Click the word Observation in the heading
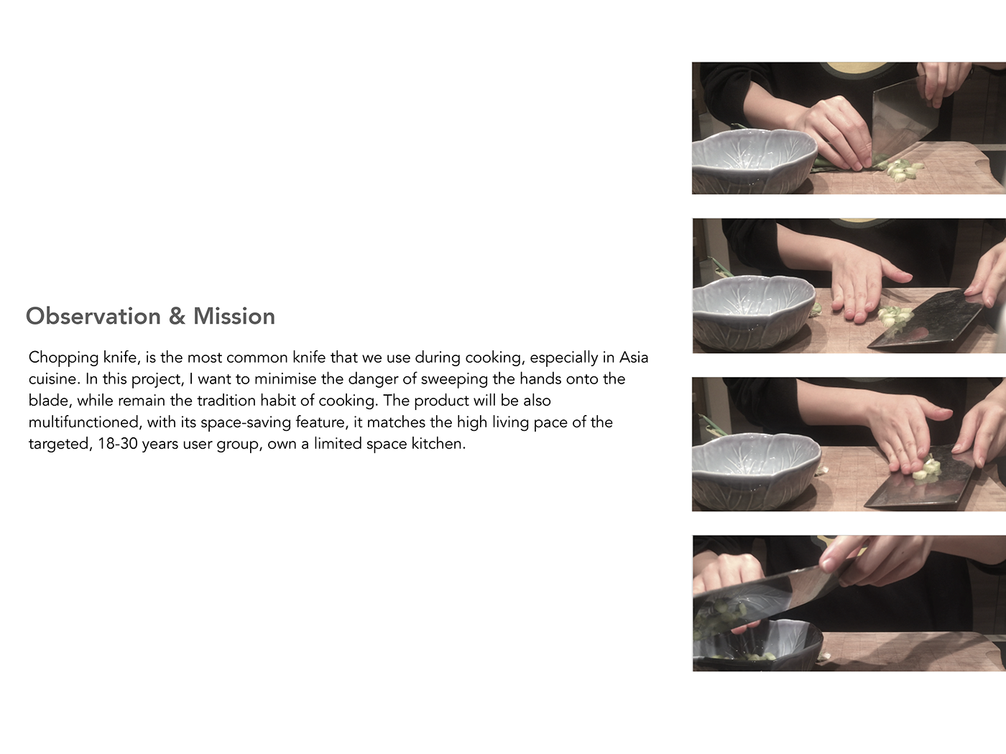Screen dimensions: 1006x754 tap(93, 317)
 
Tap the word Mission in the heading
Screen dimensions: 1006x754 tap(234, 317)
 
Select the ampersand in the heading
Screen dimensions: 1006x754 tap(177, 317)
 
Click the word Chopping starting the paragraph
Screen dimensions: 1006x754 tap(63, 358)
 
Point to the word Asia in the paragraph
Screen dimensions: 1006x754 tap(634, 357)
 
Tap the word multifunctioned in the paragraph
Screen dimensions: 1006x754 tap(84, 422)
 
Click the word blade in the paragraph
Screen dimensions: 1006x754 tap(50, 401)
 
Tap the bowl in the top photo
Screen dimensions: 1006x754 tap(754, 161)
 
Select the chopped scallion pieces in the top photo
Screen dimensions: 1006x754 tap(899, 168)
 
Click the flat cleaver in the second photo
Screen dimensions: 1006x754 tap(926, 322)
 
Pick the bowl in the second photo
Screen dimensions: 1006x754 tap(754, 312)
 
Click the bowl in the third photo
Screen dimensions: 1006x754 tap(756, 473)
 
